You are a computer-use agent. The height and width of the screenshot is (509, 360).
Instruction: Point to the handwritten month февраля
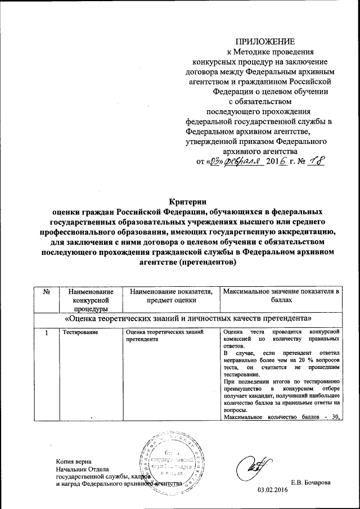pyautogui.click(x=244, y=162)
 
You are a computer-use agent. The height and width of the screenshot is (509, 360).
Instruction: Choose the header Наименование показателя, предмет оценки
pyautogui.click(x=171, y=295)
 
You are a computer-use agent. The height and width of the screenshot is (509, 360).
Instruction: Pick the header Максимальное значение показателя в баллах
pyautogui.click(x=281, y=295)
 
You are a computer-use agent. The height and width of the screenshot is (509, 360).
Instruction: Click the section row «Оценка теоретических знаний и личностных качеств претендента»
pyautogui.click(x=188, y=318)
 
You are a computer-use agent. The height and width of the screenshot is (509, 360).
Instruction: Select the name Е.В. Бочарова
pyautogui.click(x=310, y=483)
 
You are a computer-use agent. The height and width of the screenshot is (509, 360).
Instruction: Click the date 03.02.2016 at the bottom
pyautogui.click(x=272, y=490)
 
